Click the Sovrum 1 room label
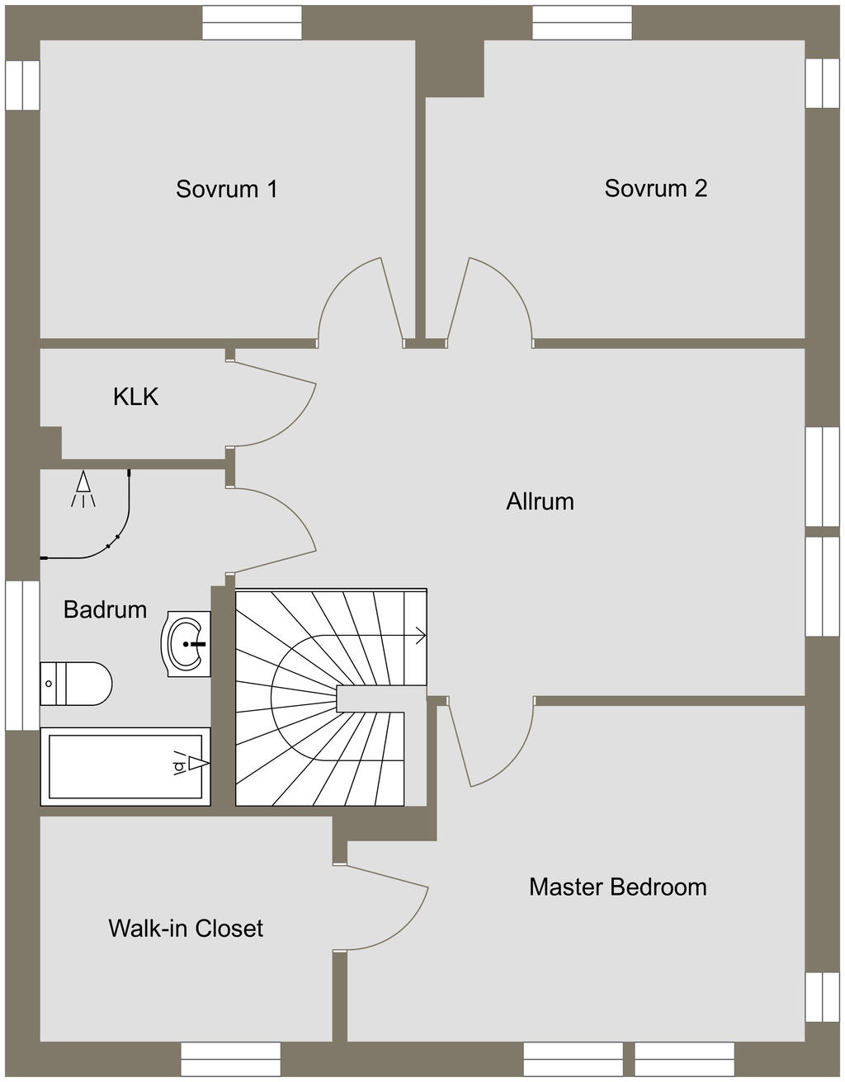(x=226, y=189)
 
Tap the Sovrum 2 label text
(x=656, y=188)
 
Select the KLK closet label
(x=135, y=397)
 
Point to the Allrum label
(x=540, y=501)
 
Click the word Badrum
(x=105, y=609)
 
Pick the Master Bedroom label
(x=618, y=887)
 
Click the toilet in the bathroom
(x=76, y=684)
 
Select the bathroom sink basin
(x=186, y=644)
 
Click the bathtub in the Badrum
(x=125, y=766)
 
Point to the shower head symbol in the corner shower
(x=83, y=489)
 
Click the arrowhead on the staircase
(x=422, y=636)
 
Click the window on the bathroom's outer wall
(x=22, y=656)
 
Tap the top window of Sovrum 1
(x=252, y=23)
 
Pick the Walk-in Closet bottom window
(x=231, y=1059)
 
